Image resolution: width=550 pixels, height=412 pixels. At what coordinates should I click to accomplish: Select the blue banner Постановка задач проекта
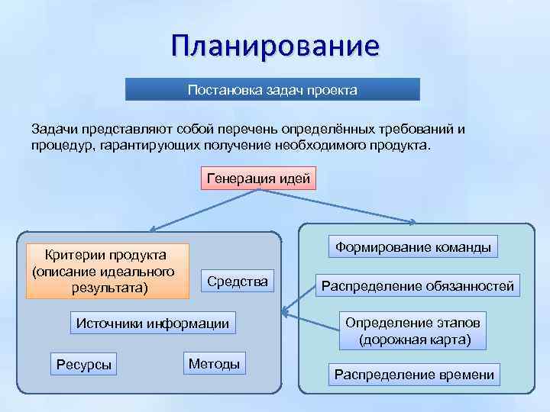point(273,90)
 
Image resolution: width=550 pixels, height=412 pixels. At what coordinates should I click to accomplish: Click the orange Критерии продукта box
point(107,271)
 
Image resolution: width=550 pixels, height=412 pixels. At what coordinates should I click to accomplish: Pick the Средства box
point(238,282)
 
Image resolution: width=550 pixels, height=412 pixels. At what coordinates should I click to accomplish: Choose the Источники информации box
point(153,323)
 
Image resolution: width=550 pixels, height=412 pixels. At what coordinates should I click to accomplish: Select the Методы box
point(214,364)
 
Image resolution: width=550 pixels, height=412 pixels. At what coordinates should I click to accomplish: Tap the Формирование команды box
point(413,247)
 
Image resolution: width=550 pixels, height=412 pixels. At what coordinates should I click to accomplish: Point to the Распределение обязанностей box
point(418,286)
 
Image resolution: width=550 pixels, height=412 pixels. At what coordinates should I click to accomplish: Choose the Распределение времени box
point(414,375)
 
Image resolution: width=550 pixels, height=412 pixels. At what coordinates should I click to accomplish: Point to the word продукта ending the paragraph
point(402,144)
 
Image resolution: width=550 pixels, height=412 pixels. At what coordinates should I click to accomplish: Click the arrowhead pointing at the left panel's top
point(153,228)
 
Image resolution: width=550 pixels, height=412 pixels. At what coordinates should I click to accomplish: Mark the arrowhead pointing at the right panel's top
point(412,223)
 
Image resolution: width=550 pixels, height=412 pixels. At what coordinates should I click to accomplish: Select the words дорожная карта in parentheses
point(416,339)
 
